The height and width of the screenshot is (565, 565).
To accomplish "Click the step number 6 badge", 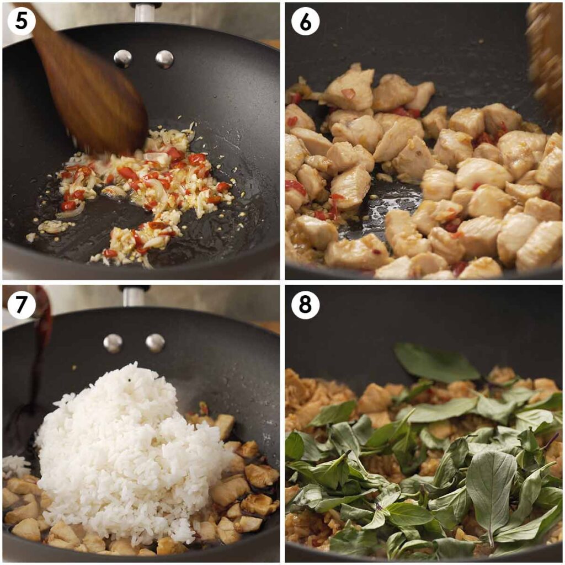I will click(305, 22).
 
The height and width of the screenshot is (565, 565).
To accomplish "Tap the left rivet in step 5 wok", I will click(122, 58).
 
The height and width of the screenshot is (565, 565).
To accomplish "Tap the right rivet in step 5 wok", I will click(164, 59).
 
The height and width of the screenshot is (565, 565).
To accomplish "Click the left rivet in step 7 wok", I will click(113, 343).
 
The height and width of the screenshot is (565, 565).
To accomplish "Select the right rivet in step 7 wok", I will click(155, 343).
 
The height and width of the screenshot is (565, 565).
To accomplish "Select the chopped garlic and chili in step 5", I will click(149, 188).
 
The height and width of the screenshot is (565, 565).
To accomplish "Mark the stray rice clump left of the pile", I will click(15, 466).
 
